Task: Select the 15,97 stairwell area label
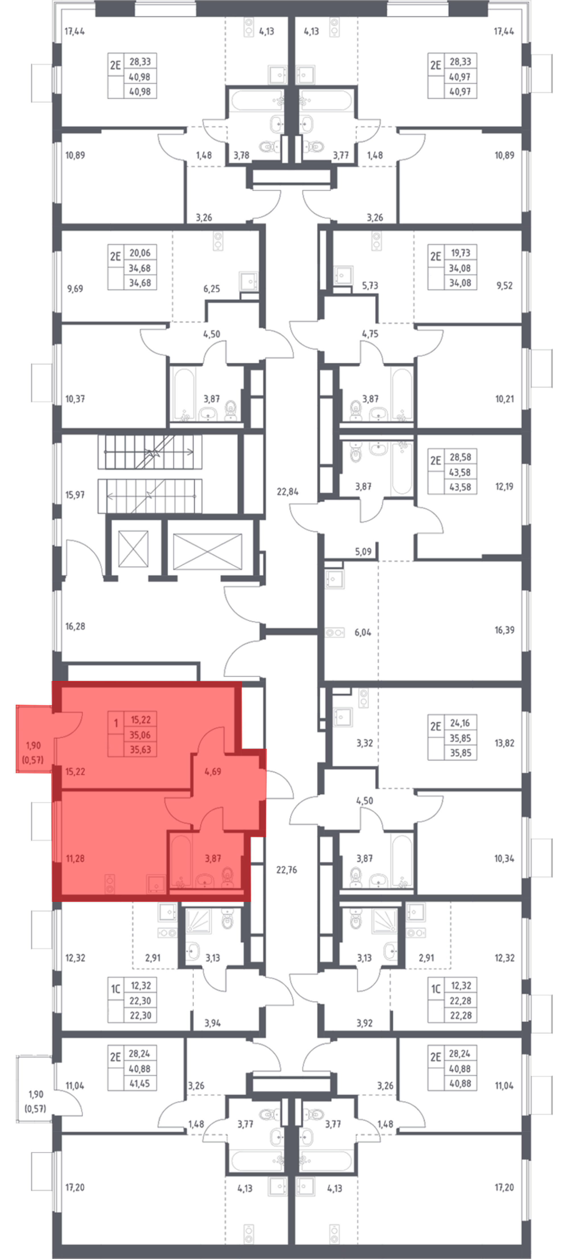point(75,495)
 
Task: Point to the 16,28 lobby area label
point(75,626)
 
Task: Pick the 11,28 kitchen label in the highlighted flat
point(75,858)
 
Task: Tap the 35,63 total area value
point(140,750)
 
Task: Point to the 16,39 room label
point(504,630)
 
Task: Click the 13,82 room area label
point(504,743)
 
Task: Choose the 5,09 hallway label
point(363,552)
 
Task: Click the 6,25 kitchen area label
point(211,289)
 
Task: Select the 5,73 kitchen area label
point(370,285)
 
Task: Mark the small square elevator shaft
point(133,549)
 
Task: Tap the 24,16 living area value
point(460,723)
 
